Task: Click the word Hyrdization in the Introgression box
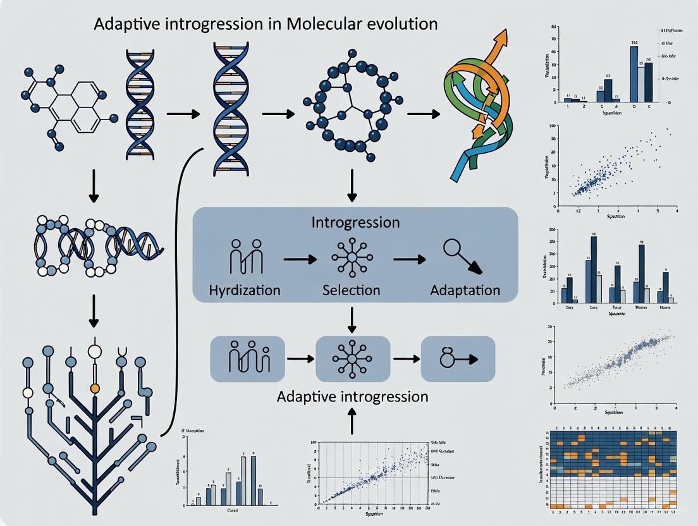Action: (245, 291)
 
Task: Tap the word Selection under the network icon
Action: (351, 291)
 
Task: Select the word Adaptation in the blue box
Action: (465, 291)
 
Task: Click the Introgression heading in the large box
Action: (355, 223)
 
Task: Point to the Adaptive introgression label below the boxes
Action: (352, 397)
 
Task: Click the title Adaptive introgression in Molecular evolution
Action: (265, 25)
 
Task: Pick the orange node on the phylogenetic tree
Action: (95, 387)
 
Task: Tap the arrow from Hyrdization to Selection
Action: (299, 259)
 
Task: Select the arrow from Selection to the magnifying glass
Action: (409, 259)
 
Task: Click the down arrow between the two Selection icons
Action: (352, 320)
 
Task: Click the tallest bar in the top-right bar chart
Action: (634, 73)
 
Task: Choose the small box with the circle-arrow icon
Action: (458, 358)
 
